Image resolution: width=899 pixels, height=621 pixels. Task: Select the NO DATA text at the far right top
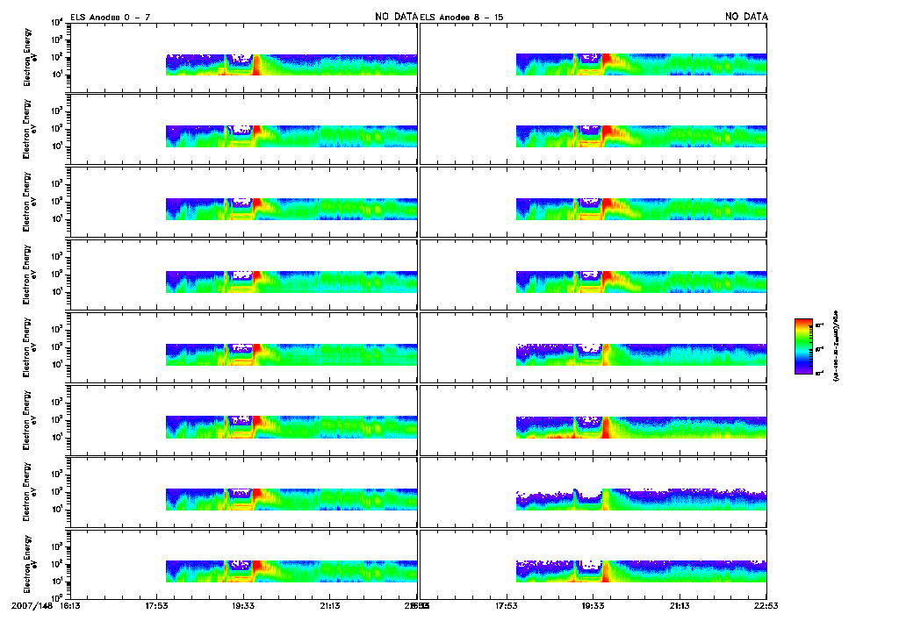click(746, 17)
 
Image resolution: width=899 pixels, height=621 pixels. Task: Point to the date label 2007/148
click(32, 605)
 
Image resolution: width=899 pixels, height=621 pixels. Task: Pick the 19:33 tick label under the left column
click(243, 605)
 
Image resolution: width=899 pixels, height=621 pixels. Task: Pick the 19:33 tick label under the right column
click(593, 605)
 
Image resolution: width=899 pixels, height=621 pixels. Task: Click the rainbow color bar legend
click(803, 346)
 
